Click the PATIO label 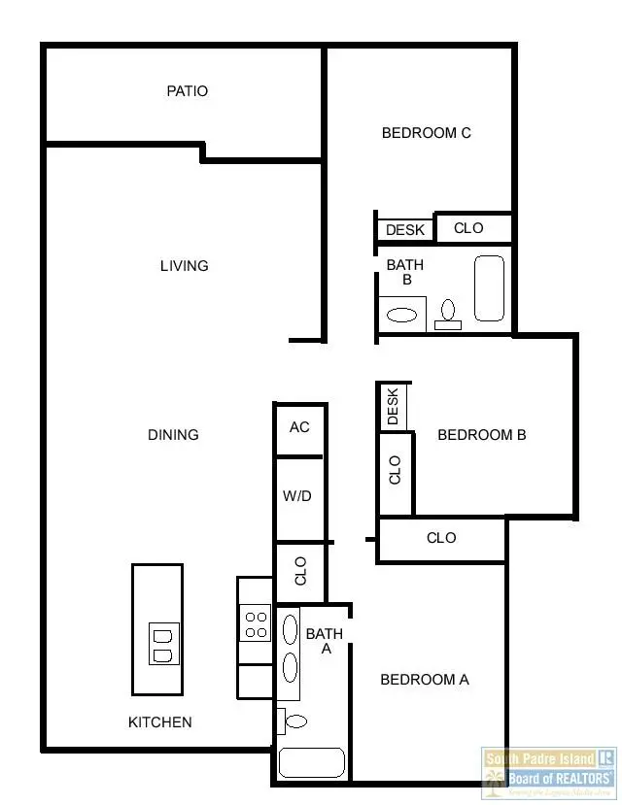(187, 91)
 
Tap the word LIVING (184, 266)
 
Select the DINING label (173, 435)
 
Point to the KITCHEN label (160, 722)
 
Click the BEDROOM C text (426, 133)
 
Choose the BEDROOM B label (481, 435)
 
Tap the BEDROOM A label (424, 680)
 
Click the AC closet (299, 427)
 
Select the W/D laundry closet (297, 497)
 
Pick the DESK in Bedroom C (405, 230)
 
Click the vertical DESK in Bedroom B (393, 407)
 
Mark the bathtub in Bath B (489, 288)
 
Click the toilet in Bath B (448, 314)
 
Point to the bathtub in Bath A (311, 763)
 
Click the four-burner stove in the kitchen (256, 622)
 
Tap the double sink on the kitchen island (163, 645)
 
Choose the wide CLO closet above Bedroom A (441, 539)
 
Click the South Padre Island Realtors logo (549, 771)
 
